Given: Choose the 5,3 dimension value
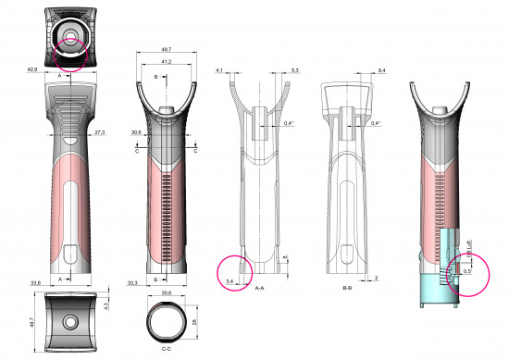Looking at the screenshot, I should [x=294, y=69].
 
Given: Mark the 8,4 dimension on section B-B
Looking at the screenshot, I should [x=381, y=69].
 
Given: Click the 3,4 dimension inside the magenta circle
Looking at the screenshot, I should [x=230, y=276].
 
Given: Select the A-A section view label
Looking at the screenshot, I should [x=262, y=288].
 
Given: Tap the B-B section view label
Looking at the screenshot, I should [x=346, y=288].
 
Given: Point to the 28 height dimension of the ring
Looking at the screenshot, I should [x=195, y=321].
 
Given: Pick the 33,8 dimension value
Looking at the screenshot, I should [x=36, y=282].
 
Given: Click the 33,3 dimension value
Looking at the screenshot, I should [x=132, y=282].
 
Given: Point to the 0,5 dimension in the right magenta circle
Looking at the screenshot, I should [x=467, y=271].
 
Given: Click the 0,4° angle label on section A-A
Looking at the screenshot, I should [x=289, y=122].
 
